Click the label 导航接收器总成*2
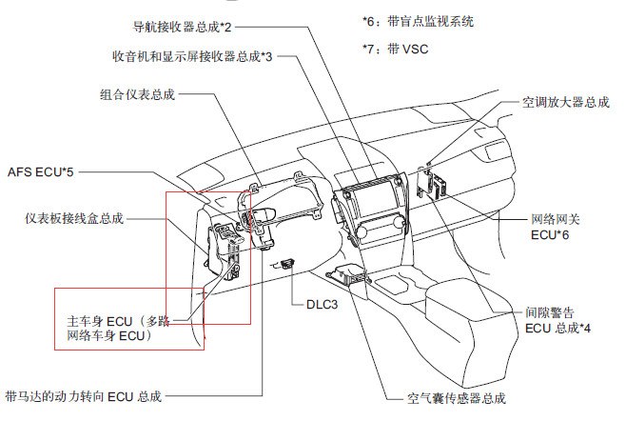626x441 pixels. [182, 28]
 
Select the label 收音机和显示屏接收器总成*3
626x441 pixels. [192, 56]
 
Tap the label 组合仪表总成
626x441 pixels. [137, 94]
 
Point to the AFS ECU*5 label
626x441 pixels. [41, 171]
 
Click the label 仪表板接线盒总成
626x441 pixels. [74, 218]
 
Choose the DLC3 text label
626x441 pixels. [322, 305]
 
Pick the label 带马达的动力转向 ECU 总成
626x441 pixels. [84, 396]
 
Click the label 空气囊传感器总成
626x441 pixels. [457, 398]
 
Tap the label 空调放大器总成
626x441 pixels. [566, 102]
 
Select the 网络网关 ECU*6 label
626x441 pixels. [556, 227]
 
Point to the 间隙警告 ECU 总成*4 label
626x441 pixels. [558, 320]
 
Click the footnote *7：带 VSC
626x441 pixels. [395, 50]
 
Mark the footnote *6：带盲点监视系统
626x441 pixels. [418, 21]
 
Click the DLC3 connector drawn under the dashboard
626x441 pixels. [287, 264]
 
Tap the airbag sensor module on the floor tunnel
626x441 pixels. [348, 274]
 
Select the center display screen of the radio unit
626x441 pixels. [372, 201]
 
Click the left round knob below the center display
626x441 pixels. [362, 231]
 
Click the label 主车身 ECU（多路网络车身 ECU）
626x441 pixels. [119, 329]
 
